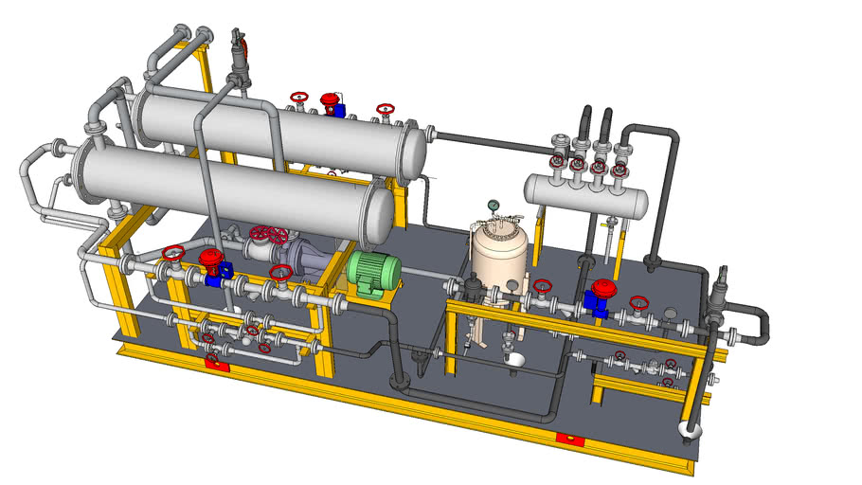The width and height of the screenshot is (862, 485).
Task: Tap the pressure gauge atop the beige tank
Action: tap(494, 205)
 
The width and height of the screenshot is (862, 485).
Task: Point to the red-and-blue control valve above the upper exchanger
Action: tap(332, 103)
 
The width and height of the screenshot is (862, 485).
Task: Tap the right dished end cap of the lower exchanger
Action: tap(379, 213)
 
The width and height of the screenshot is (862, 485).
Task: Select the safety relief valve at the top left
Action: tap(239, 59)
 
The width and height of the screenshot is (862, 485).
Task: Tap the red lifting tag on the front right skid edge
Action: tap(568, 438)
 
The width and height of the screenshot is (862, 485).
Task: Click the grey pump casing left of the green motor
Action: tap(308, 258)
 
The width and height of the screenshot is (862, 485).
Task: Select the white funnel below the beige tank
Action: tap(515, 361)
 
